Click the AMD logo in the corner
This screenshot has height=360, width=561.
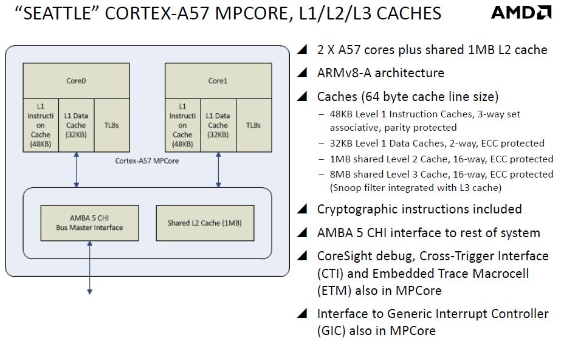[x=520, y=13]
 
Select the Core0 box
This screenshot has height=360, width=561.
[x=76, y=80]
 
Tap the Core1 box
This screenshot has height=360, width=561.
[x=218, y=80]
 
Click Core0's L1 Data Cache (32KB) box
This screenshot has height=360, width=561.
[x=75, y=125]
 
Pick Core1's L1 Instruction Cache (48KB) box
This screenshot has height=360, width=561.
[x=182, y=125]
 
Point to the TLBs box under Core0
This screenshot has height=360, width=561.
[x=111, y=125]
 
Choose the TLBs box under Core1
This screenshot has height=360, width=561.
[x=253, y=125]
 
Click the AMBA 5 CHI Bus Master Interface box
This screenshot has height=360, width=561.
[x=89, y=223]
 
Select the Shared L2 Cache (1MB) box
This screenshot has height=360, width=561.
[x=205, y=223]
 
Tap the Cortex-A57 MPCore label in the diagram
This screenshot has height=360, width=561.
[x=146, y=161]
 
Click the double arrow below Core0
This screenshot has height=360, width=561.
[x=76, y=170]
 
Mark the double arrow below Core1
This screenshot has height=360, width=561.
[x=218, y=170]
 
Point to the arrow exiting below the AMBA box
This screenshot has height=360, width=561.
[x=89, y=268]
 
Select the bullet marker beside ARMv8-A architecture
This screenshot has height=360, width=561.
[x=302, y=74]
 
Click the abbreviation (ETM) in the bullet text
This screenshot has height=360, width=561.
[x=334, y=290]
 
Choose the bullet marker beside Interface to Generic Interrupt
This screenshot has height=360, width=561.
[x=302, y=314]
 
